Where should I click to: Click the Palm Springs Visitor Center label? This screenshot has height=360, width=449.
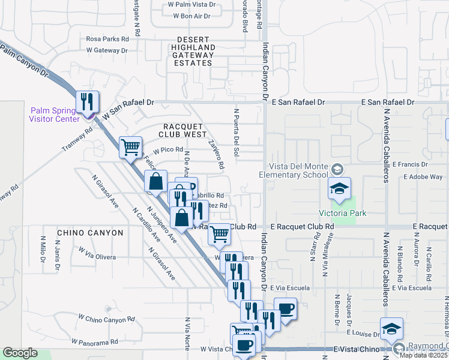54,114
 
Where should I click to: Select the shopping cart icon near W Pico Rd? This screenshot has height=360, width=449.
130,146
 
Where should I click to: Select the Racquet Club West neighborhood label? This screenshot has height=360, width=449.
183,130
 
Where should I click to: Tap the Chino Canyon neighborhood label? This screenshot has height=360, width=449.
90,233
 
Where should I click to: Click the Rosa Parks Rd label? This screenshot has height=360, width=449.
107,38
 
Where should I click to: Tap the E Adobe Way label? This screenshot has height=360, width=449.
423,177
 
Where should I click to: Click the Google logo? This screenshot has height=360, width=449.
20,353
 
